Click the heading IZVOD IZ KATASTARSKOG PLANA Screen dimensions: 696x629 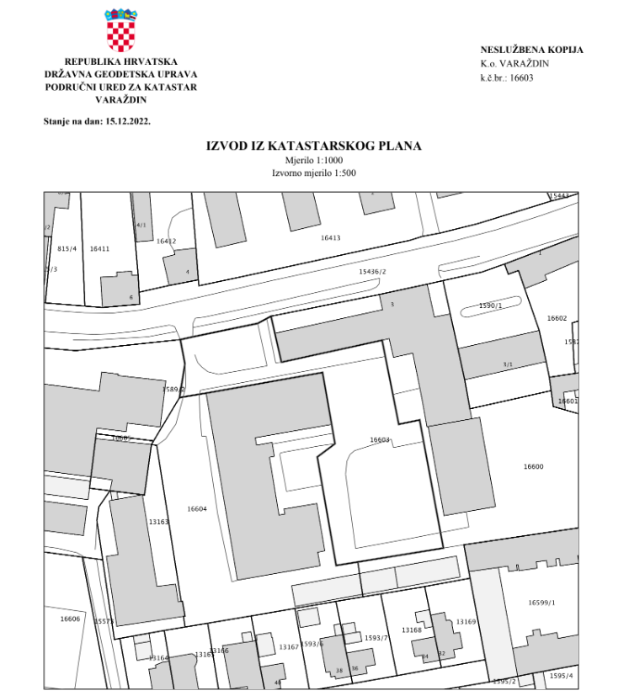click(x=314, y=146)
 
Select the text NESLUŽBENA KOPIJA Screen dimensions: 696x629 click(x=531, y=50)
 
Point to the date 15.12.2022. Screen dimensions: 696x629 click(x=127, y=121)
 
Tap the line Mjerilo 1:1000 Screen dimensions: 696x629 click(x=314, y=161)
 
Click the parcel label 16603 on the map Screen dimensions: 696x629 click(x=380, y=439)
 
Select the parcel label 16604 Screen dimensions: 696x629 click(x=197, y=509)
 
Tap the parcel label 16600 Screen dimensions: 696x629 click(x=533, y=466)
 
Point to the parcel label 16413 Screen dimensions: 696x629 click(x=331, y=238)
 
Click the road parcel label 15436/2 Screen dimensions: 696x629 click(x=372, y=272)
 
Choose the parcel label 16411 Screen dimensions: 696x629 click(x=99, y=249)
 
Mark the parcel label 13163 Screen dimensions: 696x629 click(x=159, y=522)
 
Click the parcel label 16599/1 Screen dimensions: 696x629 click(x=542, y=603)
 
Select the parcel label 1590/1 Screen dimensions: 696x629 click(x=490, y=305)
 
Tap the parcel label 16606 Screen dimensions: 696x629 click(x=70, y=619)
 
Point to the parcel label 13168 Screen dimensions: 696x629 click(x=412, y=630)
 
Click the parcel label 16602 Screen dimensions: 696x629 click(x=557, y=318)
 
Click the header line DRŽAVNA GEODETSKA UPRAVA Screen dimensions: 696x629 click(x=120, y=74)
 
